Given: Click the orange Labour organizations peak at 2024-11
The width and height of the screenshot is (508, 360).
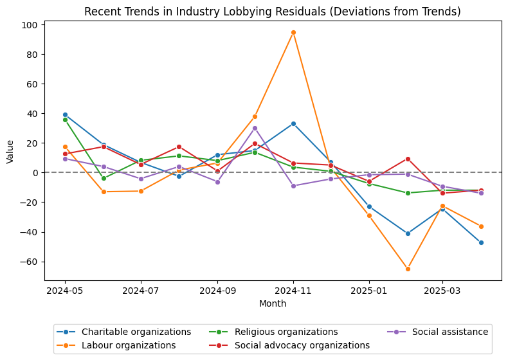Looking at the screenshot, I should pyautogui.click(x=293, y=32).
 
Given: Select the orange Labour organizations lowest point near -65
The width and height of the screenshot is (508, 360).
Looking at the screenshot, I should pyautogui.click(x=407, y=269).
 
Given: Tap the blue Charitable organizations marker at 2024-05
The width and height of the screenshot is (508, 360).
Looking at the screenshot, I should pyautogui.click(x=65, y=114).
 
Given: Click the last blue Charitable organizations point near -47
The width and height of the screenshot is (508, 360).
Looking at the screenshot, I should pyautogui.click(x=481, y=242).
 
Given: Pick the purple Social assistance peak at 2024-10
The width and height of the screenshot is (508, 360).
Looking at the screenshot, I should pyautogui.click(x=255, y=128).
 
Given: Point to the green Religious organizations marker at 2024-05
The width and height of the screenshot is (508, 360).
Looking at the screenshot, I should pyautogui.click(x=65, y=120).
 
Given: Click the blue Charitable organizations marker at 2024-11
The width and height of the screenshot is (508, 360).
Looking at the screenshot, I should pyautogui.click(x=293, y=123).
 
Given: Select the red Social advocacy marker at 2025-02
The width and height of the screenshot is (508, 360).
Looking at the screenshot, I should pyautogui.click(x=407, y=159).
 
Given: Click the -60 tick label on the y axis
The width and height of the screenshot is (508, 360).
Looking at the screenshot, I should pyautogui.click(x=30, y=262).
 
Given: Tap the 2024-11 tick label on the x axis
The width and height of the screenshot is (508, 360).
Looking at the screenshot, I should pyautogui.click(x=293, y=291).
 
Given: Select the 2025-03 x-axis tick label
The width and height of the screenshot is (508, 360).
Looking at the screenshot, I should pyautogui.click(x=442, y=291).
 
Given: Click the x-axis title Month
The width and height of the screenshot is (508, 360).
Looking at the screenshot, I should pyautogui.click(x=273, y=303).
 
